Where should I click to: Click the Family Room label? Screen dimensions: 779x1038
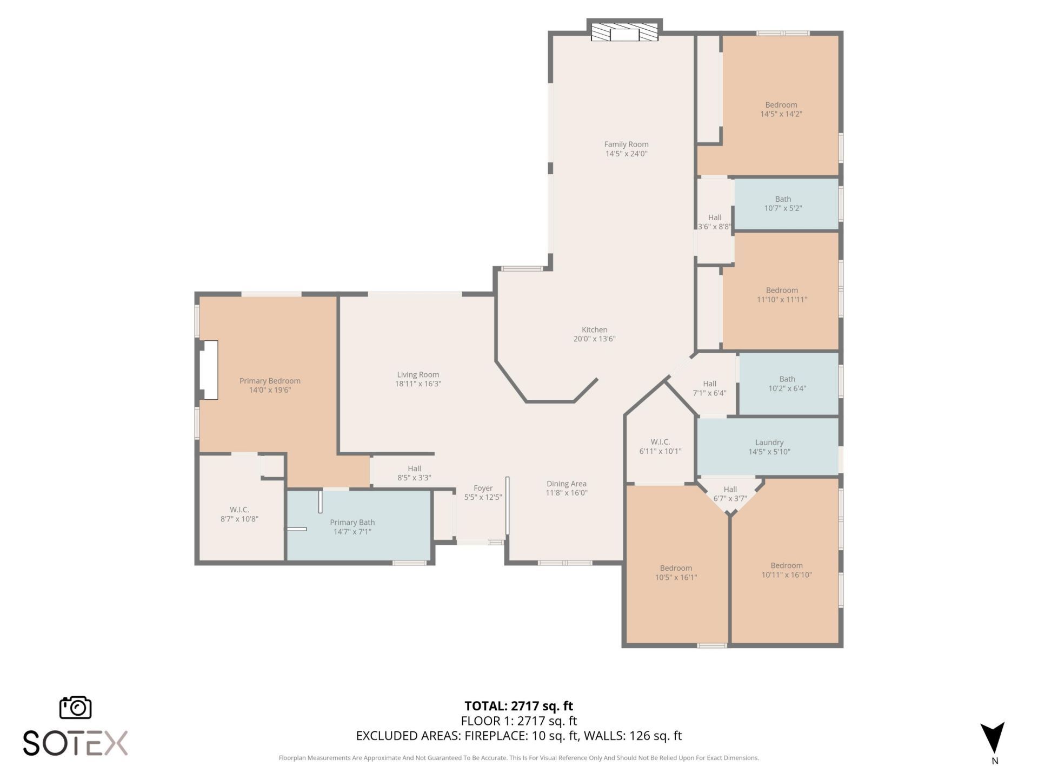(626, 144)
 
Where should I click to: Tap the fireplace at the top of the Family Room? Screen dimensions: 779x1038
(624, 33)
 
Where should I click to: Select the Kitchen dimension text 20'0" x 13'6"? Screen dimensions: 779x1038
(594, 339)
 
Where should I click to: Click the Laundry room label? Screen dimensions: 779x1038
(769, 443)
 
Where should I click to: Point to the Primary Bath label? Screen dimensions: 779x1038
(352, 523)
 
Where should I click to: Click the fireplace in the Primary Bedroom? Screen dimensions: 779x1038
(209, 370)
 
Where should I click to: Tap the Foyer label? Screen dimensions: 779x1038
(483, 488)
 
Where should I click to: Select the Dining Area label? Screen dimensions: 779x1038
(566, 484)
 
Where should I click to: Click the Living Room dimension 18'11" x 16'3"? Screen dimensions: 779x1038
(418, 384)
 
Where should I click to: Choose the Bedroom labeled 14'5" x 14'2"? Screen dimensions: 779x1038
(781, 109)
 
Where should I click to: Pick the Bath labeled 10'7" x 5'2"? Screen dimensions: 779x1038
(782, 203)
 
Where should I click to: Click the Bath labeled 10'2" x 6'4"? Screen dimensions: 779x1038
(787, 384)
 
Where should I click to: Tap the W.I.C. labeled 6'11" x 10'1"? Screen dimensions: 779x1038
(660, 446)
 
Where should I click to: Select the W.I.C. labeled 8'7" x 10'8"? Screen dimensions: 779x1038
(239, 514)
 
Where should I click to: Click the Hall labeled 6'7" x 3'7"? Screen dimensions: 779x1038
(730, 493)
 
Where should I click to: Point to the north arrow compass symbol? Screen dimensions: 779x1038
(994, 738)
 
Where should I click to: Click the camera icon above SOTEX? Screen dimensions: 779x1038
(75, 708)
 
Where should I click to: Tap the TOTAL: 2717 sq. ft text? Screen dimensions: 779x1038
(518, 706)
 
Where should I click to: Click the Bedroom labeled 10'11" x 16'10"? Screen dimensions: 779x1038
(786, 570)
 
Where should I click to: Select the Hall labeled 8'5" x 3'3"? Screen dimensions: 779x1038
(414, 473)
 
